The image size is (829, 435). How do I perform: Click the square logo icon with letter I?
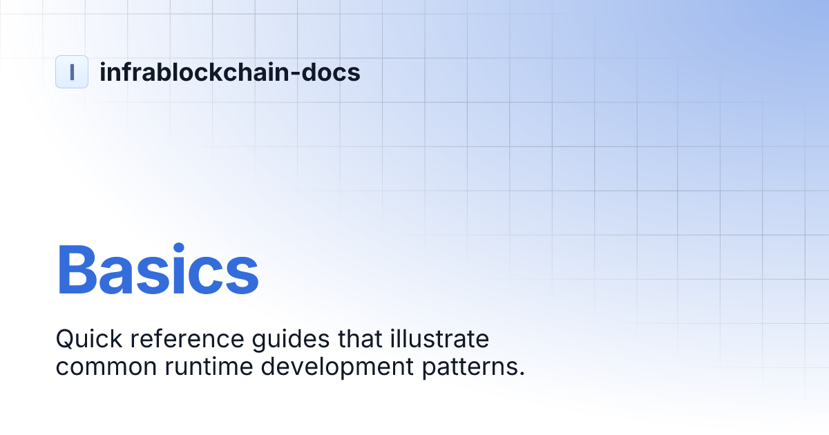[72, 72]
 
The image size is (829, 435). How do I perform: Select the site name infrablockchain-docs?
[229, 72]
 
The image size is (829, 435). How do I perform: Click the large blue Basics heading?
[158, 270]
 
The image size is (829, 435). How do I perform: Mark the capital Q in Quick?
[65, 339]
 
